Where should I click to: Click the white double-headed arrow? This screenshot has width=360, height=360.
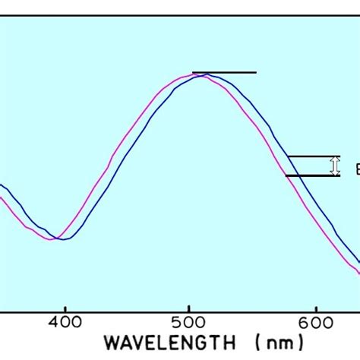point(333,166)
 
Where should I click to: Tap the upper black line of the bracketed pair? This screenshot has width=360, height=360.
point(313,156)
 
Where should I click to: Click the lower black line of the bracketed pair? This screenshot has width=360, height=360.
point(313,175)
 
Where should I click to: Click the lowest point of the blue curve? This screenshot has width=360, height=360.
point(65,239)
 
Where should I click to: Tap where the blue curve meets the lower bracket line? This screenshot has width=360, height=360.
point(295,175)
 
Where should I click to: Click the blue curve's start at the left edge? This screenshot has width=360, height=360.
point(2,185)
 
